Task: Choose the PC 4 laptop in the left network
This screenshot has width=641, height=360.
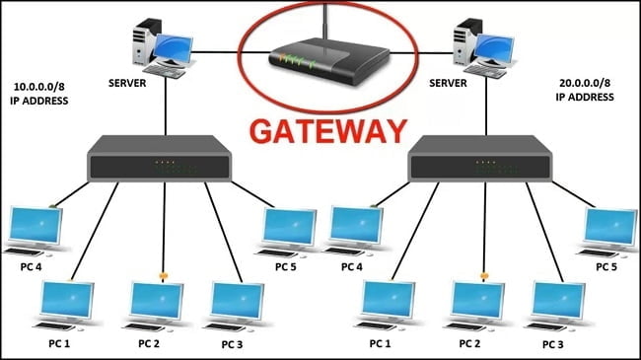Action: tap(34, 230)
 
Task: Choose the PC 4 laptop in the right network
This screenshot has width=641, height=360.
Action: tap(356, 230)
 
